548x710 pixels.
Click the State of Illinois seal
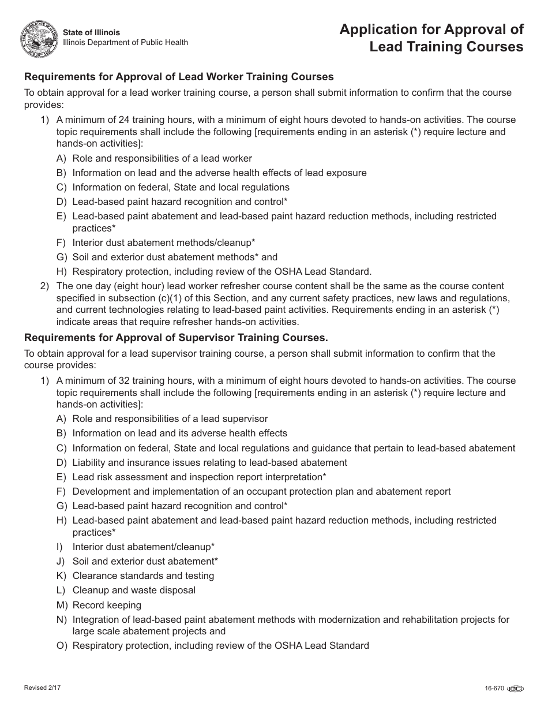coord(39,39)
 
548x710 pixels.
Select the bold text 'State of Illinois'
coord(92,32)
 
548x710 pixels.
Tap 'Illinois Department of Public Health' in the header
coord(125,43)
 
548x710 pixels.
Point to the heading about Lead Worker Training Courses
coord(178,77)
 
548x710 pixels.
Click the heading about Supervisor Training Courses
coord(175,338)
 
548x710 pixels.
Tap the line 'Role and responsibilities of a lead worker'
coord(162,158)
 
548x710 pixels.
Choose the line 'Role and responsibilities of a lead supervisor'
coord(170,419)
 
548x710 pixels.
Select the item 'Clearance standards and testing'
coord(143,576)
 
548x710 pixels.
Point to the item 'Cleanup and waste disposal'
coord(134,591)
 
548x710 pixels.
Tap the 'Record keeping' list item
coord(107,605)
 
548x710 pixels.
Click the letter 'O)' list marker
coord(62,646)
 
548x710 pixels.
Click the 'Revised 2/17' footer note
coord(42,688)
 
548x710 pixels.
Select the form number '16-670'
coord(494,688)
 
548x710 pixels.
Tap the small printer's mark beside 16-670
coord(515,688)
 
